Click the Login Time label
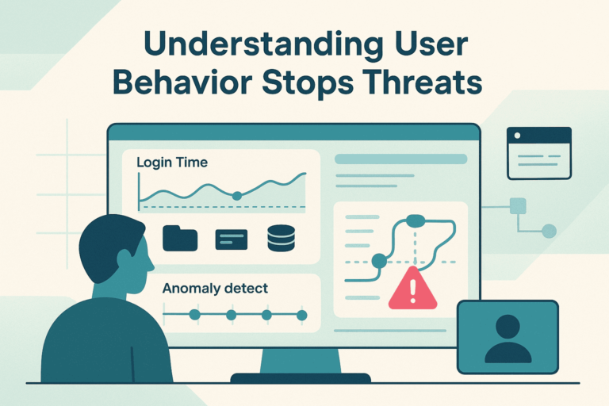tap(172, 163)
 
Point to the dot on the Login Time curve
tap(236, 195)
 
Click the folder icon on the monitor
tap(180, 238)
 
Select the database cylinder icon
tap(281, 238)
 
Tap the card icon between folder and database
tap(232, 239)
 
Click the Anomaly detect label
tap(215, 289)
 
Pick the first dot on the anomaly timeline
tap(194, 315)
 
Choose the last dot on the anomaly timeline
tap(301, 315)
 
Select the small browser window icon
tap(538, 152)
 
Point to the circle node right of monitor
tap(549, 231)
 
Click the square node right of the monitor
tap(518, 206)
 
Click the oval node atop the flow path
tap(416, 220)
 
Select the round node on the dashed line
tap(379, 260)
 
